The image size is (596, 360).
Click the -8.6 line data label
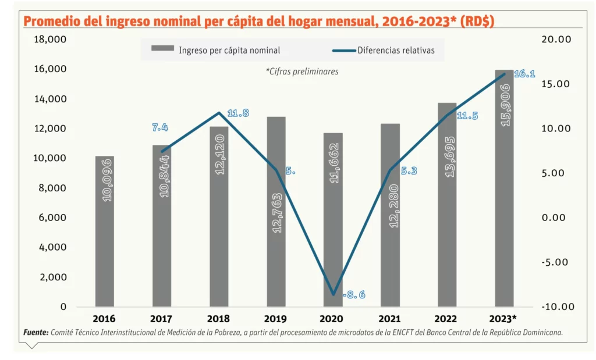(354, 295)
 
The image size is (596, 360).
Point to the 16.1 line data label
(524, 74)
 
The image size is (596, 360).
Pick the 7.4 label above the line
(160, 127)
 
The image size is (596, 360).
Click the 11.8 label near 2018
(237, 113)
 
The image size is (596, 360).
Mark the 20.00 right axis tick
(555, 39)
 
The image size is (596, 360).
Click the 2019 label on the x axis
(275, 319)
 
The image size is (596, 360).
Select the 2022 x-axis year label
(447, 319)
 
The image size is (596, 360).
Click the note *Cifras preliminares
(301, 71)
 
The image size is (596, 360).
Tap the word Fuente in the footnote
(36, 332)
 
